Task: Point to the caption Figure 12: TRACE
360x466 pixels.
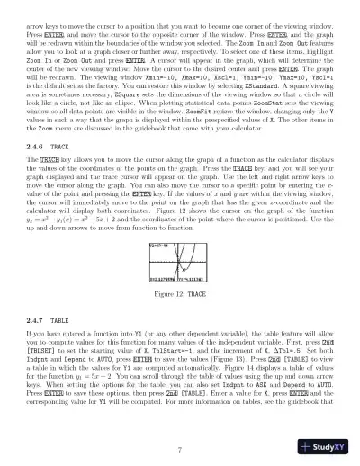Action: tap(180, 294)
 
